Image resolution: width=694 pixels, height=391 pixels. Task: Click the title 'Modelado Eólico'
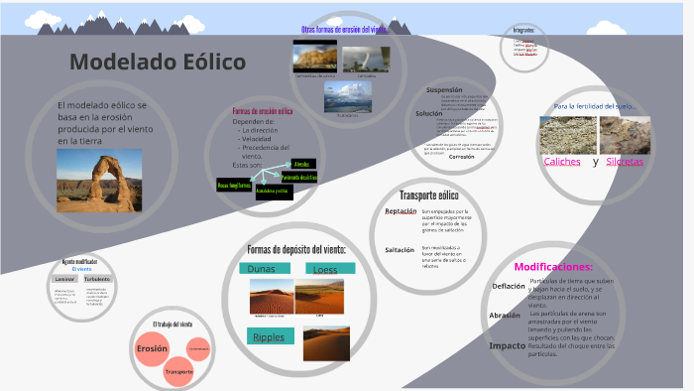[x=158, y=63]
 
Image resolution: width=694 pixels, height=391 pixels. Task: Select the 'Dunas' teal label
[x=262, y=269]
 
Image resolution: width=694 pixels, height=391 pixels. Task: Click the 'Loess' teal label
[x=324, y=270]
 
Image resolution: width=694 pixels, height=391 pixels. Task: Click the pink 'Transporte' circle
[x=179, y=371]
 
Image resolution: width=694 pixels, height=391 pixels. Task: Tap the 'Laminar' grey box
[x=64, y=280]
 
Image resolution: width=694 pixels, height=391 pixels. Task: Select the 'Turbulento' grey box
[x=97, y=280]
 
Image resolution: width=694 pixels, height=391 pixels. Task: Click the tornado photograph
[x=367, y=58]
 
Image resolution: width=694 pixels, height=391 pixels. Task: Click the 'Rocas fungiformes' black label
[x=234, y=186]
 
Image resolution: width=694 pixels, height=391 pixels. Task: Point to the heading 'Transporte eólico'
[x=429, y=195]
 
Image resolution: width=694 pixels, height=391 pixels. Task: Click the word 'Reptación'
[x=401, y=210]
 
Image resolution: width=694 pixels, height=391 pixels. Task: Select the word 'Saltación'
[x=400, y=249]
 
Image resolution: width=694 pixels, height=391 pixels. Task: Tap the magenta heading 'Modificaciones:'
[x=553, y=267]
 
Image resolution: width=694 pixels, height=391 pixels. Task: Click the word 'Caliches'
[x=562, y=162]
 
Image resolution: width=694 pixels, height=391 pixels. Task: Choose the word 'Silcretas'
[x=625, y=162]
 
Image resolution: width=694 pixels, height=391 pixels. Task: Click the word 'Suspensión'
[x=443, y=90]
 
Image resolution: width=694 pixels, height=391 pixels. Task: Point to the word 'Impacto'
[x=507, y=345]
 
